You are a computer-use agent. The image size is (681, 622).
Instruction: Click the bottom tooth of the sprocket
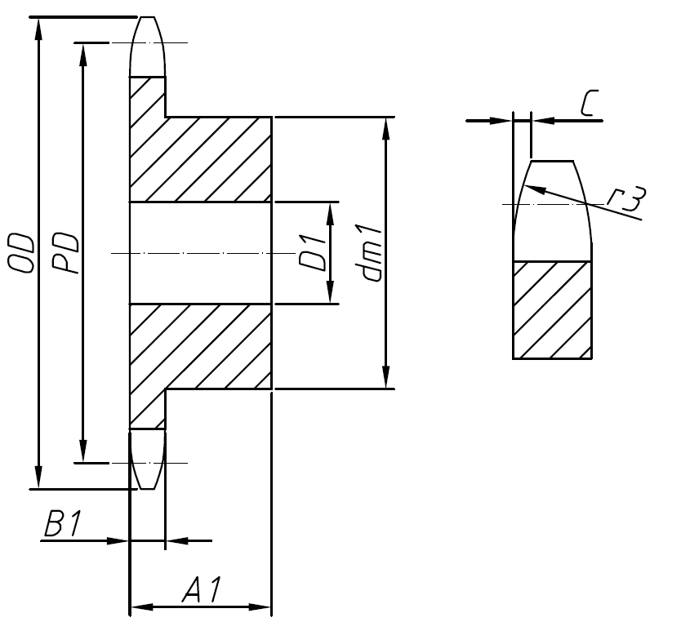(x=148, y=459)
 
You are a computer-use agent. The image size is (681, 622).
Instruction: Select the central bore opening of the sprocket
(x=200, y=253)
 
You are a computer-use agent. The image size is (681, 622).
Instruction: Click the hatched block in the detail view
(x=552, y=310)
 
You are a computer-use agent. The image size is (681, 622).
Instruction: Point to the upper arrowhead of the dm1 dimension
(x=385, y=127)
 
